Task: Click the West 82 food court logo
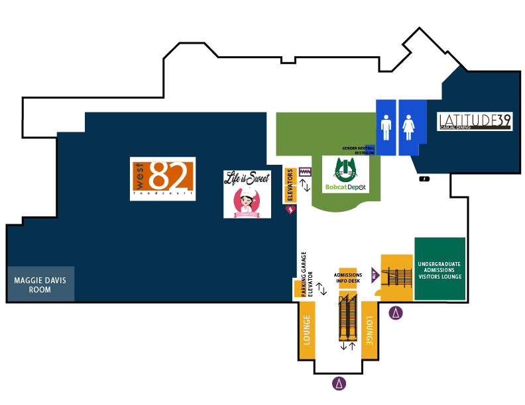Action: pyautogui.click(x=162, y=179)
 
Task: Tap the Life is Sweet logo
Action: pyautogui.click(x=247, y=194)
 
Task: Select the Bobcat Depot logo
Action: pyautogui.click(x=345, y=175)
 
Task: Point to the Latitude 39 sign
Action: pyautogui.click(x=474, y=121)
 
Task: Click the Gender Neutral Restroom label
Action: pyautogui.click(x=359, y=150)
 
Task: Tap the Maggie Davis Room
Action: pyautogui.click(x=41, y=285)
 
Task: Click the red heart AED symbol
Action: pyautogui.click(x=290, y=210)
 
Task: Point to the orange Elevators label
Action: pyautogui.click(x=290, y=185)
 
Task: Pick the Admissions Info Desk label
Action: pyautogui.click(x=348, y=278)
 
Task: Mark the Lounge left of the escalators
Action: pyautogui.click(x=306, y=330)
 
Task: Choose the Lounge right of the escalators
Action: pyautogui.click(x=369, y=330)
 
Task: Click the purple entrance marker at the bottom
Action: pyautogui.click(x=339, y=382)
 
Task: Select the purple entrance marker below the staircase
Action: pyautogui.click(x=396, y=313)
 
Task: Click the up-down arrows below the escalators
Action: pyautogui.click(x=348, y=346)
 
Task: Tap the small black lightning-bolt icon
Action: pyautogui.click(x=424, y=179)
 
